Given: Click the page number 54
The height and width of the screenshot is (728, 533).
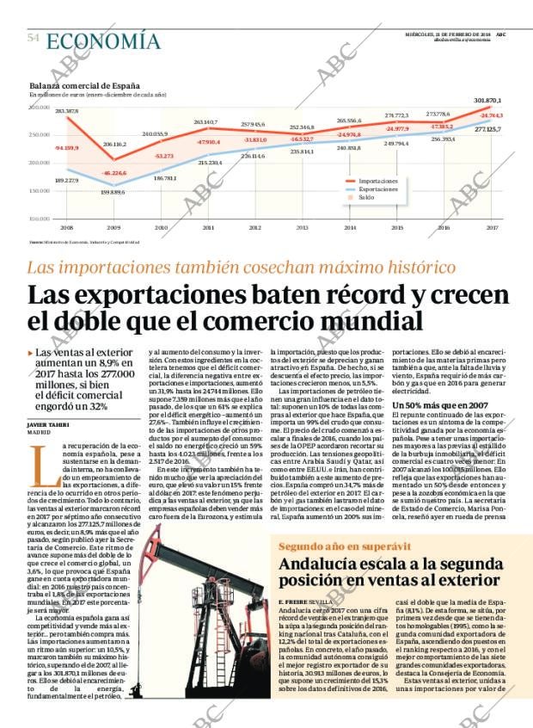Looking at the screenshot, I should coord(34,39).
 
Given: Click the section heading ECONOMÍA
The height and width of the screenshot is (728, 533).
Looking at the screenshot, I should coord(103,40).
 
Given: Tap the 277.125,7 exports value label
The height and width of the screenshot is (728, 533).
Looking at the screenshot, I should coord(488,128).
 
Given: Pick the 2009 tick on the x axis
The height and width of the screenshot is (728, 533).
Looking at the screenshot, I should coord(113,227).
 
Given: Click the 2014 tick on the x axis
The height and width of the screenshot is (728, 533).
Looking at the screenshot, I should coord(350,227).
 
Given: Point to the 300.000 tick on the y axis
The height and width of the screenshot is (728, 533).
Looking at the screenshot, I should coord(40,108).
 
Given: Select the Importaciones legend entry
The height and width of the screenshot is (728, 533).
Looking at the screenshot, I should coord(379,182).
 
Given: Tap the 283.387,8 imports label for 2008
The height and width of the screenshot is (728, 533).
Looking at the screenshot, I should coord(67,112).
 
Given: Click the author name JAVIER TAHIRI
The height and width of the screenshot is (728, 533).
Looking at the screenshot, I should coord(48,425).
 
